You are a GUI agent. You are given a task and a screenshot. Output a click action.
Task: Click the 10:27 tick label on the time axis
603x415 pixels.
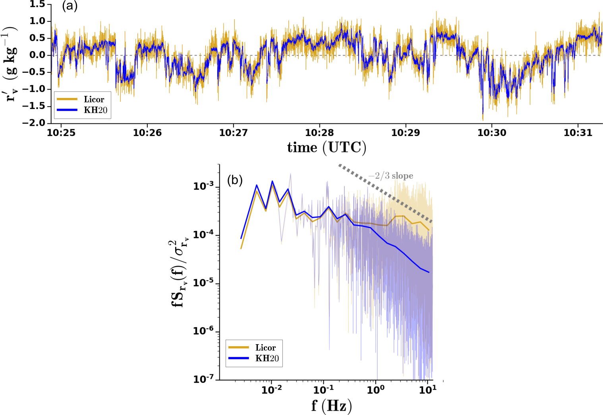233,133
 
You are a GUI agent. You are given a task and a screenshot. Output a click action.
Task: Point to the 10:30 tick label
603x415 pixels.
492,133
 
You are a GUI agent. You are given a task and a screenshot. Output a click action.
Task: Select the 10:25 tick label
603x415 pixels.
61,133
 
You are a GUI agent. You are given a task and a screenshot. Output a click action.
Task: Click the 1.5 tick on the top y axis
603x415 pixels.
38,4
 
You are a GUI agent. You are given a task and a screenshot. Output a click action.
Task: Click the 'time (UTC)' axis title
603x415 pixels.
327,148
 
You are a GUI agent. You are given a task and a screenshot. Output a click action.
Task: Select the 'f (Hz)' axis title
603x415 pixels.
332,406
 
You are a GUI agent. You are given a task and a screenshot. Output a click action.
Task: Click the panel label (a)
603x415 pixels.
70,6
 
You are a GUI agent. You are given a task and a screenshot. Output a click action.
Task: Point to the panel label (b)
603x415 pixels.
235,180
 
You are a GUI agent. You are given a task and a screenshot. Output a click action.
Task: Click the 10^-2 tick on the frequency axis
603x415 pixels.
272,390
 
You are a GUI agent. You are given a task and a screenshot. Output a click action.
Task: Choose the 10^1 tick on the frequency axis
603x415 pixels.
428,390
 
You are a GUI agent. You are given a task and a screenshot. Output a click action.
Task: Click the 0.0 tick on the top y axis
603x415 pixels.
38,55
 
